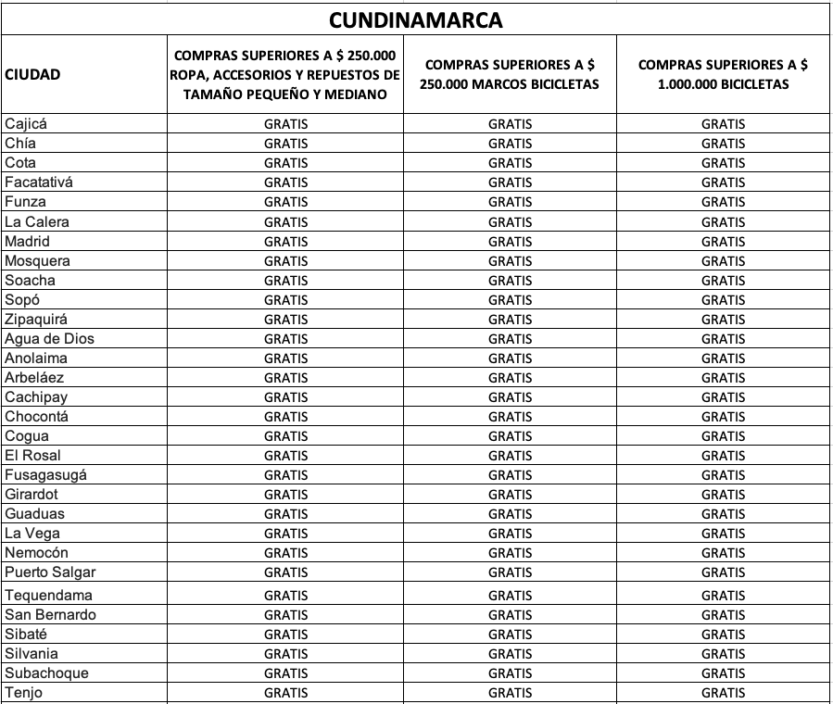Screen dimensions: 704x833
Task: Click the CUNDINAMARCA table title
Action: coord(416,19)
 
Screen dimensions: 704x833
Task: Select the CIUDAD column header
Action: coord(32,75)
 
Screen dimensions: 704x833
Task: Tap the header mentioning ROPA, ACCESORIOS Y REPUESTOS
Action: coord(285,75)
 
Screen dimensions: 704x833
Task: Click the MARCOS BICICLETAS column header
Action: coord(510,74)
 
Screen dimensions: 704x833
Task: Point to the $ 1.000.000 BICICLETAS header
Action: coord(723,74)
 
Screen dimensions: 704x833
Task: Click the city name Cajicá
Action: coord(25,123)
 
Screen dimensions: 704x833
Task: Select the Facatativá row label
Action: coord(38,182)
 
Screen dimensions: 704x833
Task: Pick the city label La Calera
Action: coord(36,221)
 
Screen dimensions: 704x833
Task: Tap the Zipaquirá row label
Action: coord(35,319)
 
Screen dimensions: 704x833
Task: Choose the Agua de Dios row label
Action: coord(49,338)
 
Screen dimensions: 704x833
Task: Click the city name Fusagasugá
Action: coord(46,474)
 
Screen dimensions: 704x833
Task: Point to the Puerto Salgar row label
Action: coord(50,572)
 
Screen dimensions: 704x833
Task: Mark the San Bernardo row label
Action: coord(50,614)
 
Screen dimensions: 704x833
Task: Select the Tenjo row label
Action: coord(23,692)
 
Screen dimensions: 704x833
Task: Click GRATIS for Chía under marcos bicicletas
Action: coord(511,144)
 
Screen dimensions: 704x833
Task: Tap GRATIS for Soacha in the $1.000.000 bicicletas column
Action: coord(723,281)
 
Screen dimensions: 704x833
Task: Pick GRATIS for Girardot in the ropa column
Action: coord(286,495)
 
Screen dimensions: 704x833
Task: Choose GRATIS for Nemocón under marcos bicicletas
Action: coord(511,553)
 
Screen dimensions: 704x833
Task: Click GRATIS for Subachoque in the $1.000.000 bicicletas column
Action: coord(723,673)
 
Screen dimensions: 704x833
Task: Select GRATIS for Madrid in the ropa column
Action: coord(286,242)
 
